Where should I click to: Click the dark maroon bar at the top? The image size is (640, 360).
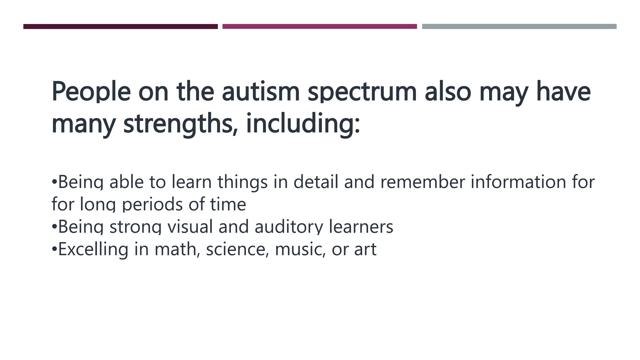click(120, 27)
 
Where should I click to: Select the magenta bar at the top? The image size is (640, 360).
click(319, 27)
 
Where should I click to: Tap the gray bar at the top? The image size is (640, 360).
click(519, 27)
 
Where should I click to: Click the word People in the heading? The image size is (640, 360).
click(91, 92)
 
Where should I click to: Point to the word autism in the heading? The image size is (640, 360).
click(261, 92)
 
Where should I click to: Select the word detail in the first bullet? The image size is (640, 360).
click(316, 182)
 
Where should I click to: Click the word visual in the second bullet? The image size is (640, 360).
click(190, 227)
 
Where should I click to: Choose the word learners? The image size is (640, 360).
click(361, 227)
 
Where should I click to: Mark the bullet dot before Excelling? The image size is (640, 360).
click(54, 249)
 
